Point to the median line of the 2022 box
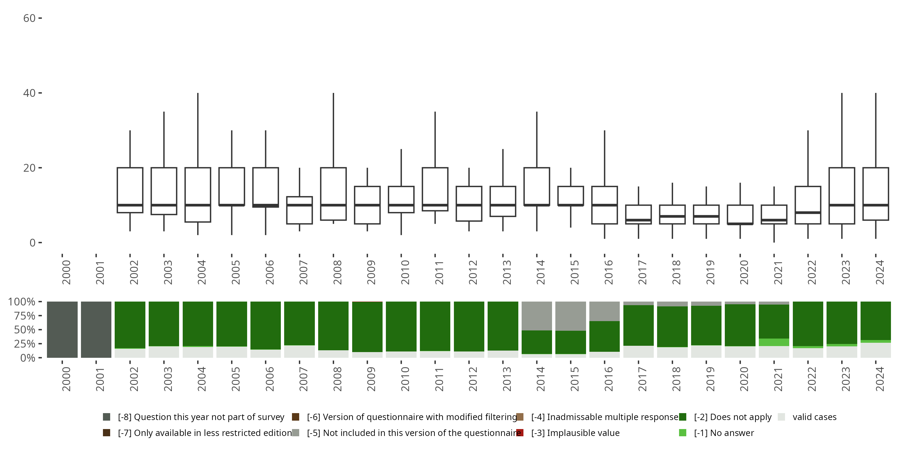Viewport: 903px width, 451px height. coord(808,213)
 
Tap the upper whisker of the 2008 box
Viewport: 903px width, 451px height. coord(334,130)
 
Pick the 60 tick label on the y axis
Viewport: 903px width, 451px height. coord(29,18)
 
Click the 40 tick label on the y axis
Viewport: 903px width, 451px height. coord(29,93)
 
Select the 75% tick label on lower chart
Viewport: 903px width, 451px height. coord(25,316)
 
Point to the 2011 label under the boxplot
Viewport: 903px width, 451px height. coord(439,272)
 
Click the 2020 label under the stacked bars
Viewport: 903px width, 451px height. coord(744,379)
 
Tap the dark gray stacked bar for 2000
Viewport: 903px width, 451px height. coord(62,330)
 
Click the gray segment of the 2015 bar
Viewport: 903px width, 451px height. coord(571,316)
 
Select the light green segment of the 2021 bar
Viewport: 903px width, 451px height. coord(774,342)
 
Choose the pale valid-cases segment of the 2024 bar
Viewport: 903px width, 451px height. coord(876,350)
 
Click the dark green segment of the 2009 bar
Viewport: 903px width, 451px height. coord(367,326)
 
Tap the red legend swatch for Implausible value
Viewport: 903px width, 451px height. coord(520,433)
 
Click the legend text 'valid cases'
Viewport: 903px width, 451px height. coord(814,417)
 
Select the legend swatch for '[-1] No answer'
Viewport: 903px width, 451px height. coord(682,433)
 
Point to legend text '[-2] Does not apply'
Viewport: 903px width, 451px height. coord(733,417)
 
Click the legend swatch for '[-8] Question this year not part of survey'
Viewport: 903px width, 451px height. coord(107,417)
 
